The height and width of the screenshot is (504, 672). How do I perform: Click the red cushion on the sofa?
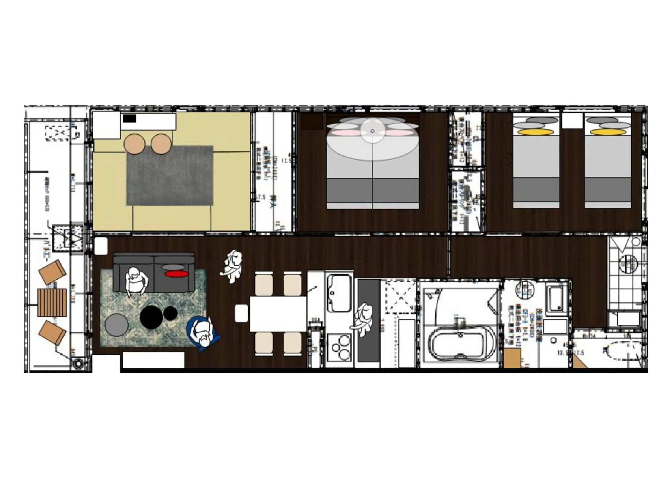(177, 274)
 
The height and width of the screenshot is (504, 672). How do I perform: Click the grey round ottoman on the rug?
(116, 324)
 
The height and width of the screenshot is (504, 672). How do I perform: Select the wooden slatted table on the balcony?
(52, 303)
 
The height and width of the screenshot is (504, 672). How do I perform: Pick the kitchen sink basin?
(339, 293)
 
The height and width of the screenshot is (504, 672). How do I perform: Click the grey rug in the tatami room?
(170, 175)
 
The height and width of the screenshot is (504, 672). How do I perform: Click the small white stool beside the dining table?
(241, 313)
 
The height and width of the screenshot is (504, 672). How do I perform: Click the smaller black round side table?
(170, 313)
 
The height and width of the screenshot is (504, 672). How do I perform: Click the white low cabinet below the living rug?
(153, 360)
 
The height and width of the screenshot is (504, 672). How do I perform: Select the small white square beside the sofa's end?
(101, 246)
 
